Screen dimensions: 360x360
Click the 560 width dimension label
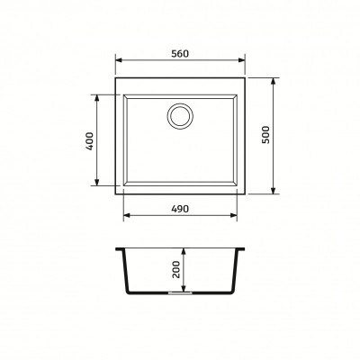pos(180,54)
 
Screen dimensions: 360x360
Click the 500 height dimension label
pos(266,135)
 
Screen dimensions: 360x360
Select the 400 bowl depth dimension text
pos(90,141)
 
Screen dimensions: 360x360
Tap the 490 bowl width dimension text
pos(180,209)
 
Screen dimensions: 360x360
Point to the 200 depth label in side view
pos(176,269)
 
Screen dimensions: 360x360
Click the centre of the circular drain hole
pos(180,116)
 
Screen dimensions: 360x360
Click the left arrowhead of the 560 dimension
pos(119,60)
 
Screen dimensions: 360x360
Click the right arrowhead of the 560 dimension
pos(242,60)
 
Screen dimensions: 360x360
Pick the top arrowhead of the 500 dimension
pos(273,82)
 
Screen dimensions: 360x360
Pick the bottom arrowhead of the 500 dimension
pos(273,191)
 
